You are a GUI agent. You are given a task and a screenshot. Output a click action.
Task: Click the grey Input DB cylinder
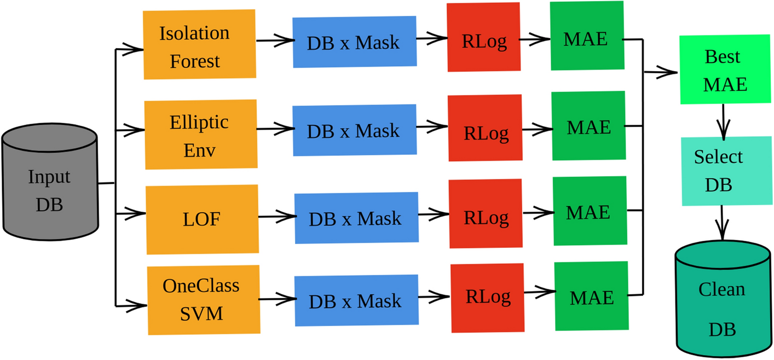[x=50, y=183]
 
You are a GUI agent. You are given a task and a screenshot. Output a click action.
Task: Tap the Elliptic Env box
[x=201, y=135]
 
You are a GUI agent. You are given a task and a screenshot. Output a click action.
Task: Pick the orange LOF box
[x=202, y=219]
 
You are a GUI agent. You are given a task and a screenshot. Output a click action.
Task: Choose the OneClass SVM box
[x=203, y=299]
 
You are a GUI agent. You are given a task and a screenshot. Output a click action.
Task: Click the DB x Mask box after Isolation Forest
[x=354, y=43]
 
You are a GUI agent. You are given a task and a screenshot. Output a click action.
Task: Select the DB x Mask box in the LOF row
[x=355, y=218]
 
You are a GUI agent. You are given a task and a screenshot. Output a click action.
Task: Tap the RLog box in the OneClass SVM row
[x=487, y=298]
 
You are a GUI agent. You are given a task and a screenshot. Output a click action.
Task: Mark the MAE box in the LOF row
[x=589, y=211]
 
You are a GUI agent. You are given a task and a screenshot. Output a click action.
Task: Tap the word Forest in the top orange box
[x=195, y=61]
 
